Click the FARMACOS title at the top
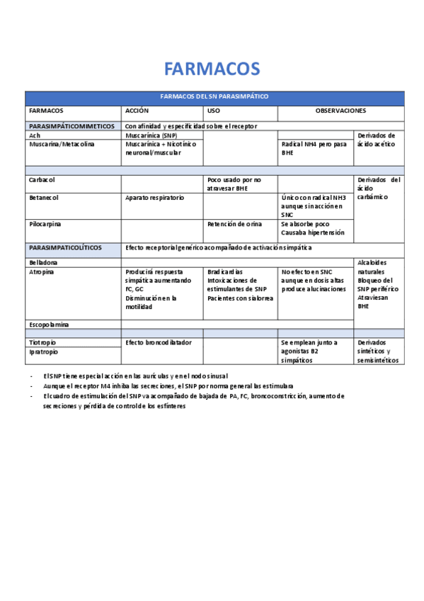tap(212, 69)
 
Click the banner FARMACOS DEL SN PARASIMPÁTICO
tap(214, 97)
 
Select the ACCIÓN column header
tap(137, 111)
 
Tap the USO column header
tap(214, 111)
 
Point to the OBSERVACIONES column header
tap(340, 111)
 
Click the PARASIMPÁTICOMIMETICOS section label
tap(71, 126)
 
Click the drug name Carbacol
tap(42, 180)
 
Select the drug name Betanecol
tap(44, 198)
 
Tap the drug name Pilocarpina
tap(45, 224)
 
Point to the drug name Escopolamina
tap(49, 325)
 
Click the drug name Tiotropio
tap(43, 342)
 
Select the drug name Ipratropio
tap(44, 352)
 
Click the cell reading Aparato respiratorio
tap(154, 198)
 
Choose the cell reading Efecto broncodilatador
tap(158, 342)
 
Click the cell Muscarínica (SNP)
tap(151, 135)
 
